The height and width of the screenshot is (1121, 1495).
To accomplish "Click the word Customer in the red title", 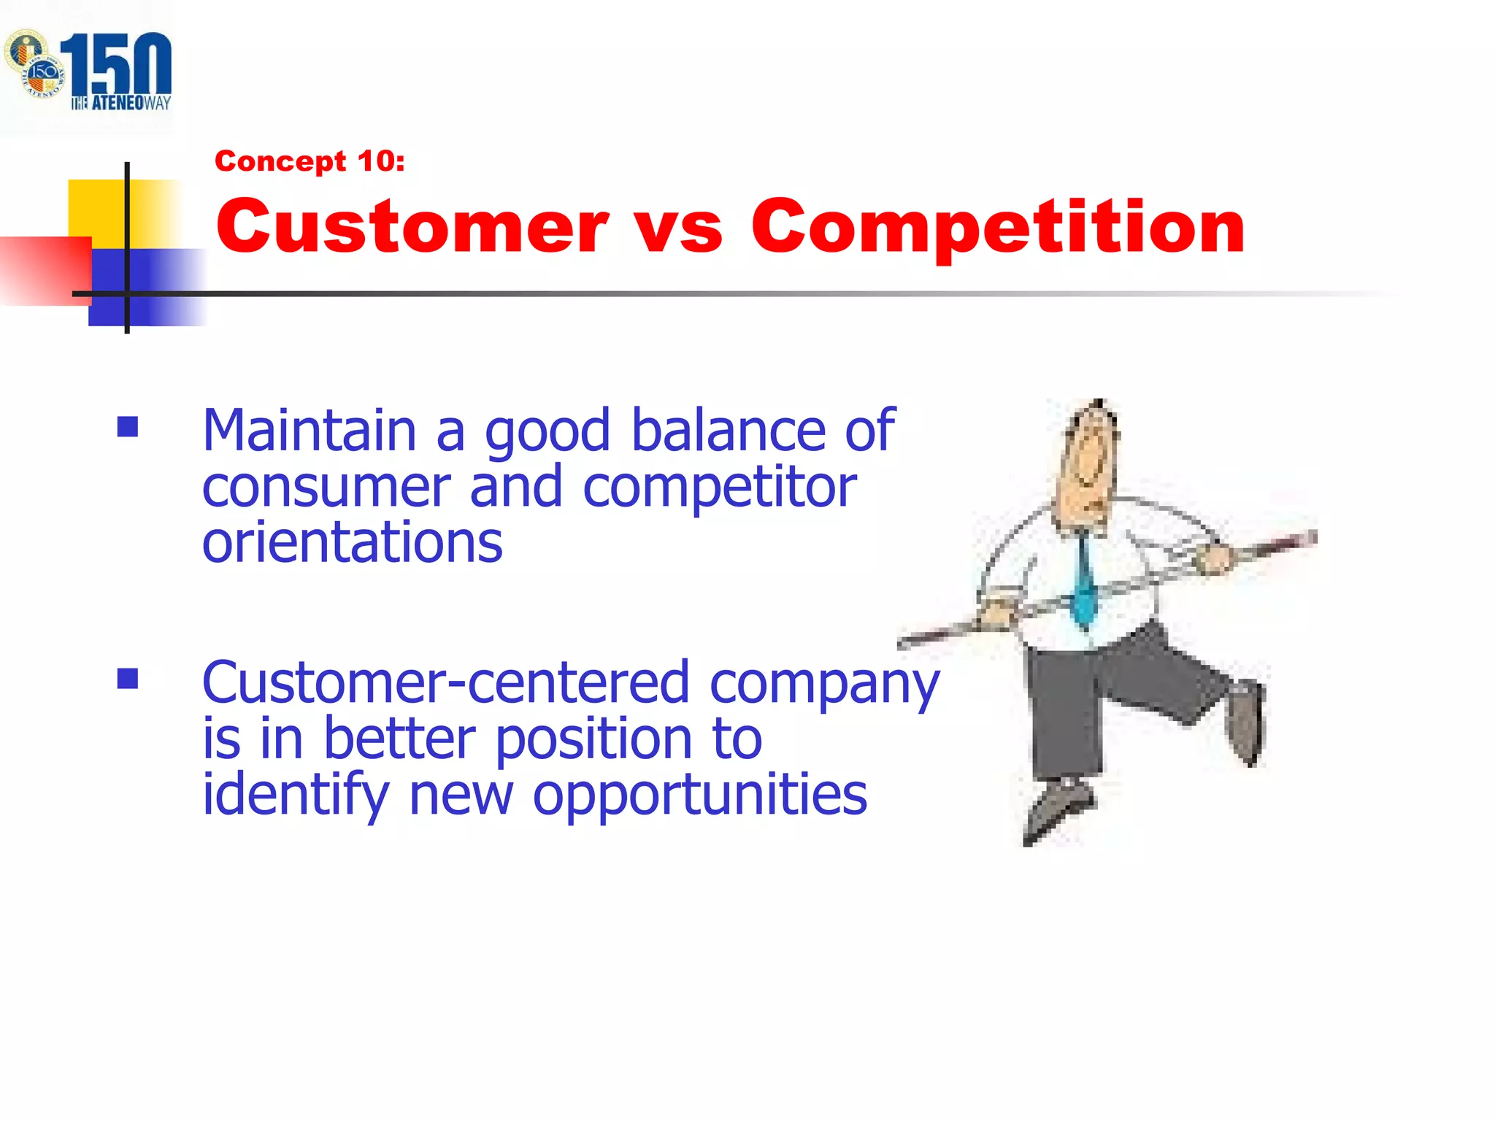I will pos(412,228).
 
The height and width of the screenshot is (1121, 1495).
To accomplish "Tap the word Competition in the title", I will pos(997,228).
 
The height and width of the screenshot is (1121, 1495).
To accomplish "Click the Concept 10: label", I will pos(310,161).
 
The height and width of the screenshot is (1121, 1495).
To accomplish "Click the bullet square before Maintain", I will pos(128,427).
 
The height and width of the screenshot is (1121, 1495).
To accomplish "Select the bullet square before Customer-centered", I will pos(128,679).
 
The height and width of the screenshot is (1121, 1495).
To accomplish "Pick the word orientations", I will pos(352,544).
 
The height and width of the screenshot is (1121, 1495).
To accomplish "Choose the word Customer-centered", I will pos(445,682).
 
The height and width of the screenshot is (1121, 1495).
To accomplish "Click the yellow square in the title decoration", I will pos(99,208).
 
